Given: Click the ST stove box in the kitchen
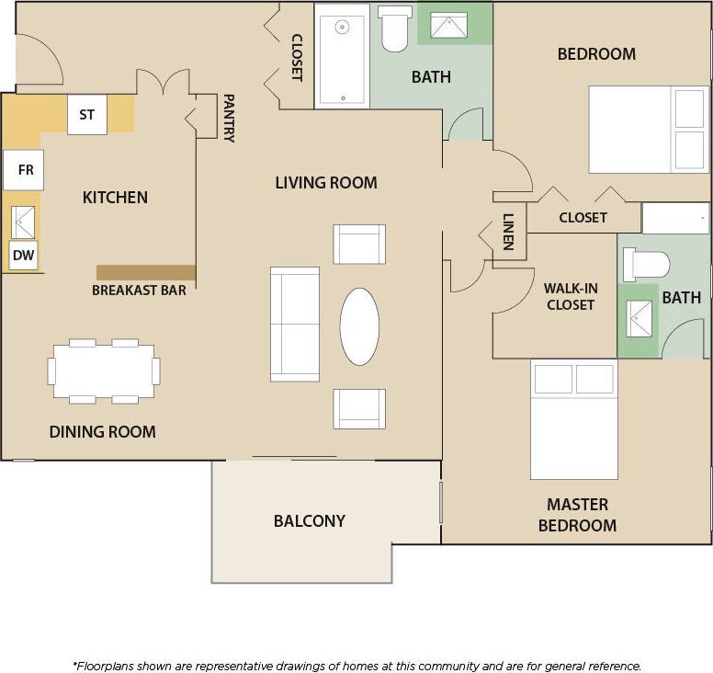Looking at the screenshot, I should tap(87, 115).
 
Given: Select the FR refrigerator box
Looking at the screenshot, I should tap(23, 171).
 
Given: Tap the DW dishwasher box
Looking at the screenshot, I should tap(24, 256).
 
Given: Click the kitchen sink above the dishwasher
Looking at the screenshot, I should tap(24, 222).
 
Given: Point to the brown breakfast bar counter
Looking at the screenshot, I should tap(146, 272).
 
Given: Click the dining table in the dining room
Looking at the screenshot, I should tap(103, 371).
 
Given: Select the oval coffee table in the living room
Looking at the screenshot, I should tap(359, 326).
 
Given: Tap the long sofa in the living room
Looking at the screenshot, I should tap(295, 325).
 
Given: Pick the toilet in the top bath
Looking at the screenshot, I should tap(395, 30).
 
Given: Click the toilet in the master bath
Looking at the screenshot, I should tap(647, 265).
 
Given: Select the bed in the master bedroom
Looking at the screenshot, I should tap(574, 419).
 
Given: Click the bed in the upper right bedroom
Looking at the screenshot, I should tap(648, 130).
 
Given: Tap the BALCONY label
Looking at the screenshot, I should tap(310, 521).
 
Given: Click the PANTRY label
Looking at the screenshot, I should tap(229, 118).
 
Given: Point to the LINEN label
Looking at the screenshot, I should tap(508, 233).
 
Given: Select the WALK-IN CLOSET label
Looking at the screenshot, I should tap(571, 296).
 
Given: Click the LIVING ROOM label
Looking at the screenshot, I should tap(326, 183).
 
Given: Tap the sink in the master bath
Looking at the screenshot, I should tap(639, 318).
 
